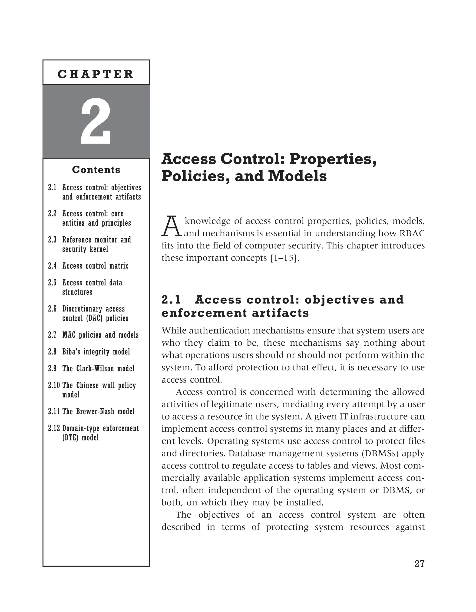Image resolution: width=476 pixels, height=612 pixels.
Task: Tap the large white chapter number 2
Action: click(96, 121)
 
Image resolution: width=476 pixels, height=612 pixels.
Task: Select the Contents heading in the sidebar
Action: click(96, 170)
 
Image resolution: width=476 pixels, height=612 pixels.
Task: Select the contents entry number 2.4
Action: click(52, 266)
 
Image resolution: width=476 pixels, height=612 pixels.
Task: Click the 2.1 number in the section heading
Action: click(171, 300)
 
